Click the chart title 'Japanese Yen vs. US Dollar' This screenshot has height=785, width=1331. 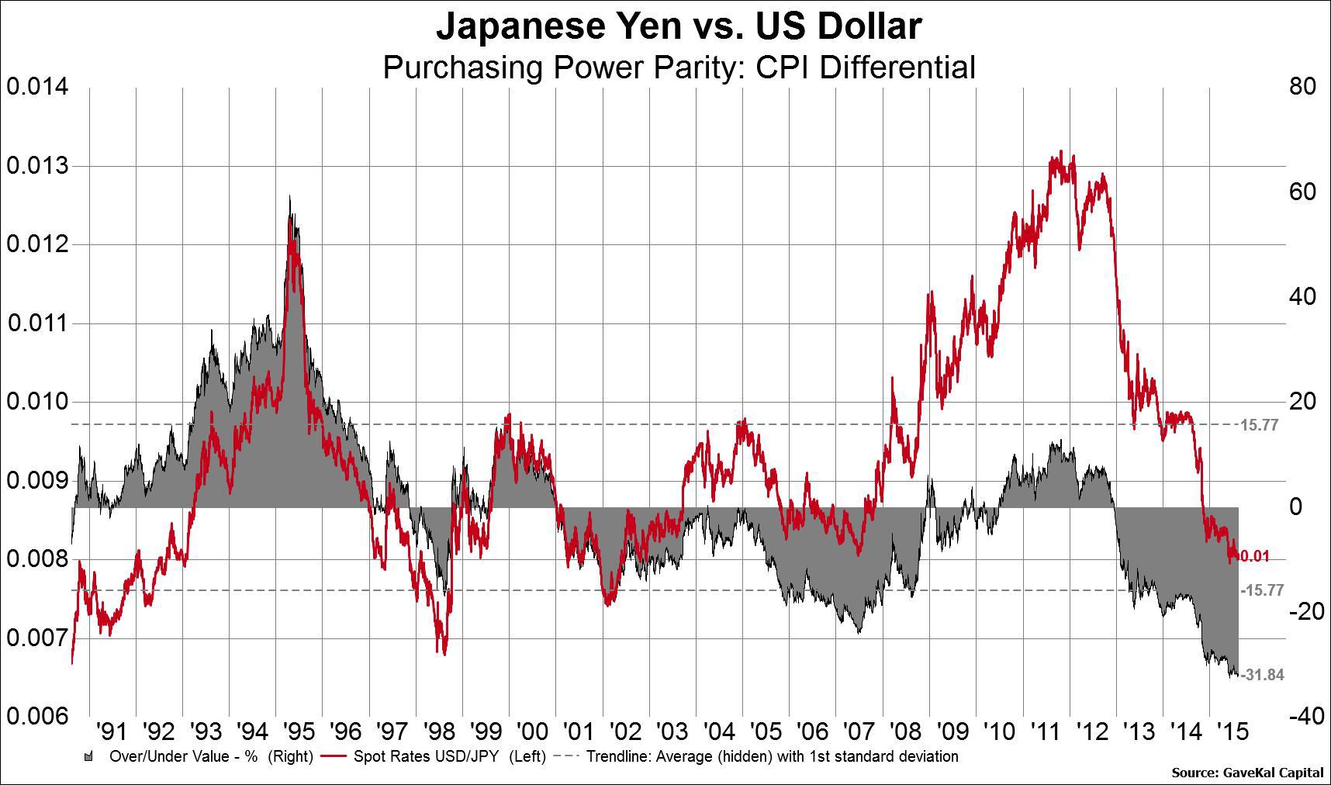679,26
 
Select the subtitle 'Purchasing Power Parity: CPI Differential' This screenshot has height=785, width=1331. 679,67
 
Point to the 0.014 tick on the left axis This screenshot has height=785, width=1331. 38,86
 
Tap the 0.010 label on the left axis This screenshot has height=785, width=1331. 38,402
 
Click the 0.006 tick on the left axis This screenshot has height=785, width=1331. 38,716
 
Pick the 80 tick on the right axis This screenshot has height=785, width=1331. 1302,86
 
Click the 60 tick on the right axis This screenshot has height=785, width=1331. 1302,192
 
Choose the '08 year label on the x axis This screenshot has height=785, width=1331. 905,731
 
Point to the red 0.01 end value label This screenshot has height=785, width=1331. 1256,557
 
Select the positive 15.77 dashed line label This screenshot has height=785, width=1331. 1259,425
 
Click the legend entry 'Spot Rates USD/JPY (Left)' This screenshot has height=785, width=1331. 449,756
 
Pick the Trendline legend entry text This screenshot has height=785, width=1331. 772,756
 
